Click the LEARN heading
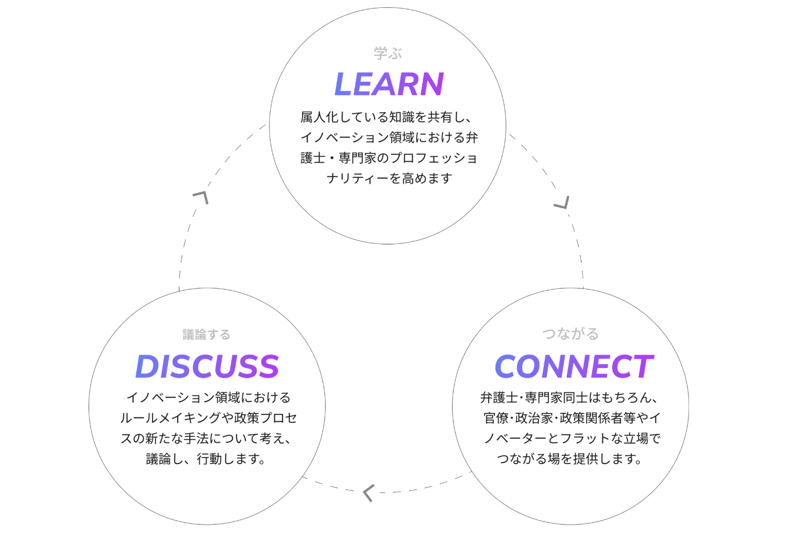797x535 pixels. point(389,84)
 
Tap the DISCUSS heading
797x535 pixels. point(207,366)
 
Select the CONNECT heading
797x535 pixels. point(574,366)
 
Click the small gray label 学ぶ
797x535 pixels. point(388,53)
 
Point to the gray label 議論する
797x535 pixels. point(207,334)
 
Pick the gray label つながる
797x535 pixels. point(570,334)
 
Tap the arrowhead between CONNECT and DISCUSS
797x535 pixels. point(368,493)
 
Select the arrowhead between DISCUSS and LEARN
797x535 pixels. point(201,197)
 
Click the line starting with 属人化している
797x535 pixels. point(386,117)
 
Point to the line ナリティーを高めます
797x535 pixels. point(389,178)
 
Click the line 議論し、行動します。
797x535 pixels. point(207,459)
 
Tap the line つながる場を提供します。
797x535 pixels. point(570,459)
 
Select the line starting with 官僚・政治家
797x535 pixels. point(572,418)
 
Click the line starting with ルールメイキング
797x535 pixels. point(208,418)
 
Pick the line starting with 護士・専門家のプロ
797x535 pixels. point(389,158)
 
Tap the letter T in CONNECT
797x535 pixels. point(642,366)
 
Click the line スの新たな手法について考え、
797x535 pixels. point(206,438)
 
